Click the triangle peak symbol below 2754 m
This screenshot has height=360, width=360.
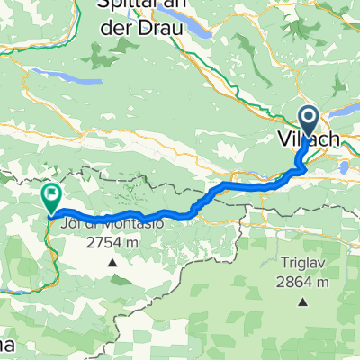112,263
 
